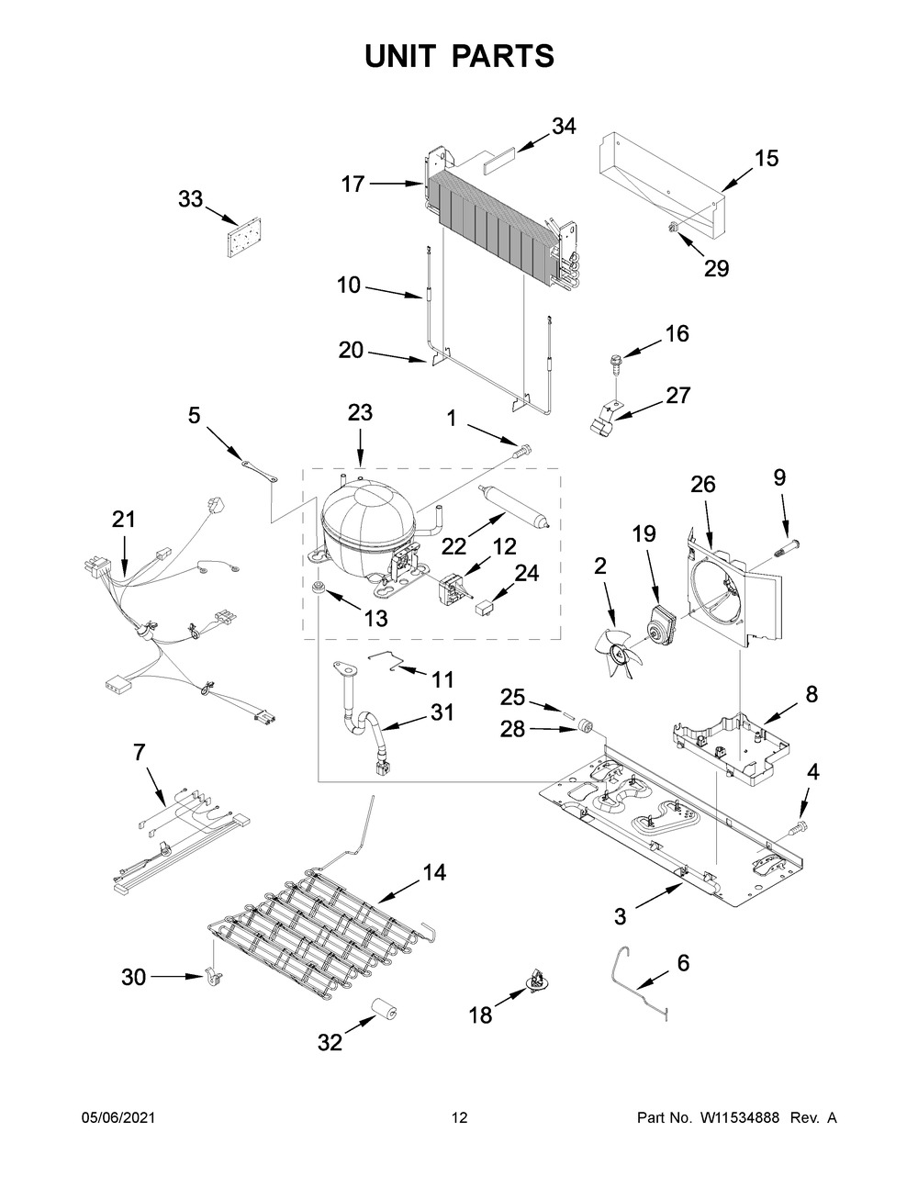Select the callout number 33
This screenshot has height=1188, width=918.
(191, 199)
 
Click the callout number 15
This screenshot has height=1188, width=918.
(767, 158)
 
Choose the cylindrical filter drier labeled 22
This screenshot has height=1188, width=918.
(513, 507)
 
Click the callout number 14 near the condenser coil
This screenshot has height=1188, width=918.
(434, 872)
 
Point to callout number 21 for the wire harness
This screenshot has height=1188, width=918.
(124, 519)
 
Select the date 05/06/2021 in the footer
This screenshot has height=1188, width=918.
(118, 1133)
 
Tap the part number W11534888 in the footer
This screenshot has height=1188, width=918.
(739, 1133)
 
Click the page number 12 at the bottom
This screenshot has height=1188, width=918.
(460, 1133)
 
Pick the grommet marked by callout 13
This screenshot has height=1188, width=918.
(318, 588)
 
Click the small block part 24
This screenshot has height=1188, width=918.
(486, 606)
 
